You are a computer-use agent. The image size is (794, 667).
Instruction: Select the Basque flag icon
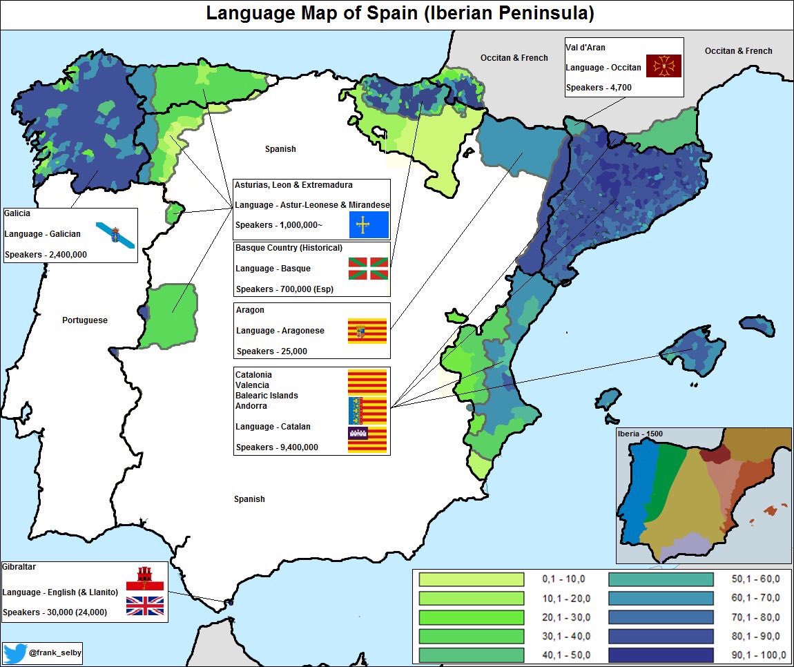pyautogui.click(x=368, y=269)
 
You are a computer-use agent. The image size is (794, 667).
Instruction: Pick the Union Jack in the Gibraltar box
pyautogui.click(x=145, y=606)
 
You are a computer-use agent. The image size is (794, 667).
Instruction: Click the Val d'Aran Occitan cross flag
pyautogui.click(x=664, y=66)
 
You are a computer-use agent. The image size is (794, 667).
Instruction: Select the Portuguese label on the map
pyautogui.click(x=85, y=320)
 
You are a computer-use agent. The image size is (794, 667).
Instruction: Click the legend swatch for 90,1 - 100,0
pyautogui.click(x=661, y=655)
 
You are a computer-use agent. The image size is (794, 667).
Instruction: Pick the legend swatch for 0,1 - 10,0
pyautogui.click(x=472, y=579)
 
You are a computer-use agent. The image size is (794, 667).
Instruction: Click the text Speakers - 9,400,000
pyautogui.click(x=277, y=447)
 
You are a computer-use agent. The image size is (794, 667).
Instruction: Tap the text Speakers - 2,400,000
pyautogui.click(x=46, y=255)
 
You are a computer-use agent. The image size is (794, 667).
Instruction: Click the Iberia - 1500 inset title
pyautogui.click(x=639, y=434)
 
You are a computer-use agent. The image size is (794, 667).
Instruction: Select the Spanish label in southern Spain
pyautogui.click(x=249, y=499)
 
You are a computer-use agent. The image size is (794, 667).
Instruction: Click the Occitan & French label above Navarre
pyautogui.click(x=514, y=58)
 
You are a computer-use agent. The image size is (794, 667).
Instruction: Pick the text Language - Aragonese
pyautogui.click(x=280, y=331)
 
